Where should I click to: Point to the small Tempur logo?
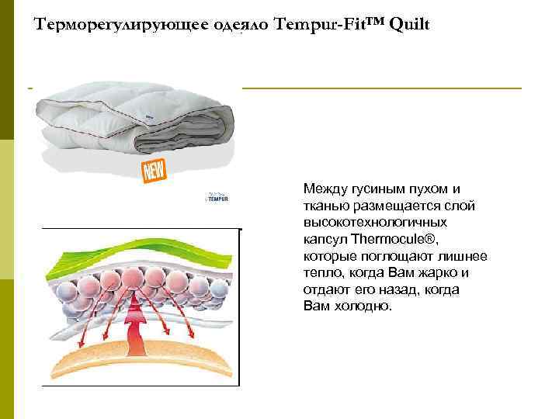(x=217, y=198)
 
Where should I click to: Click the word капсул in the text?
(x=325, y=239)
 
